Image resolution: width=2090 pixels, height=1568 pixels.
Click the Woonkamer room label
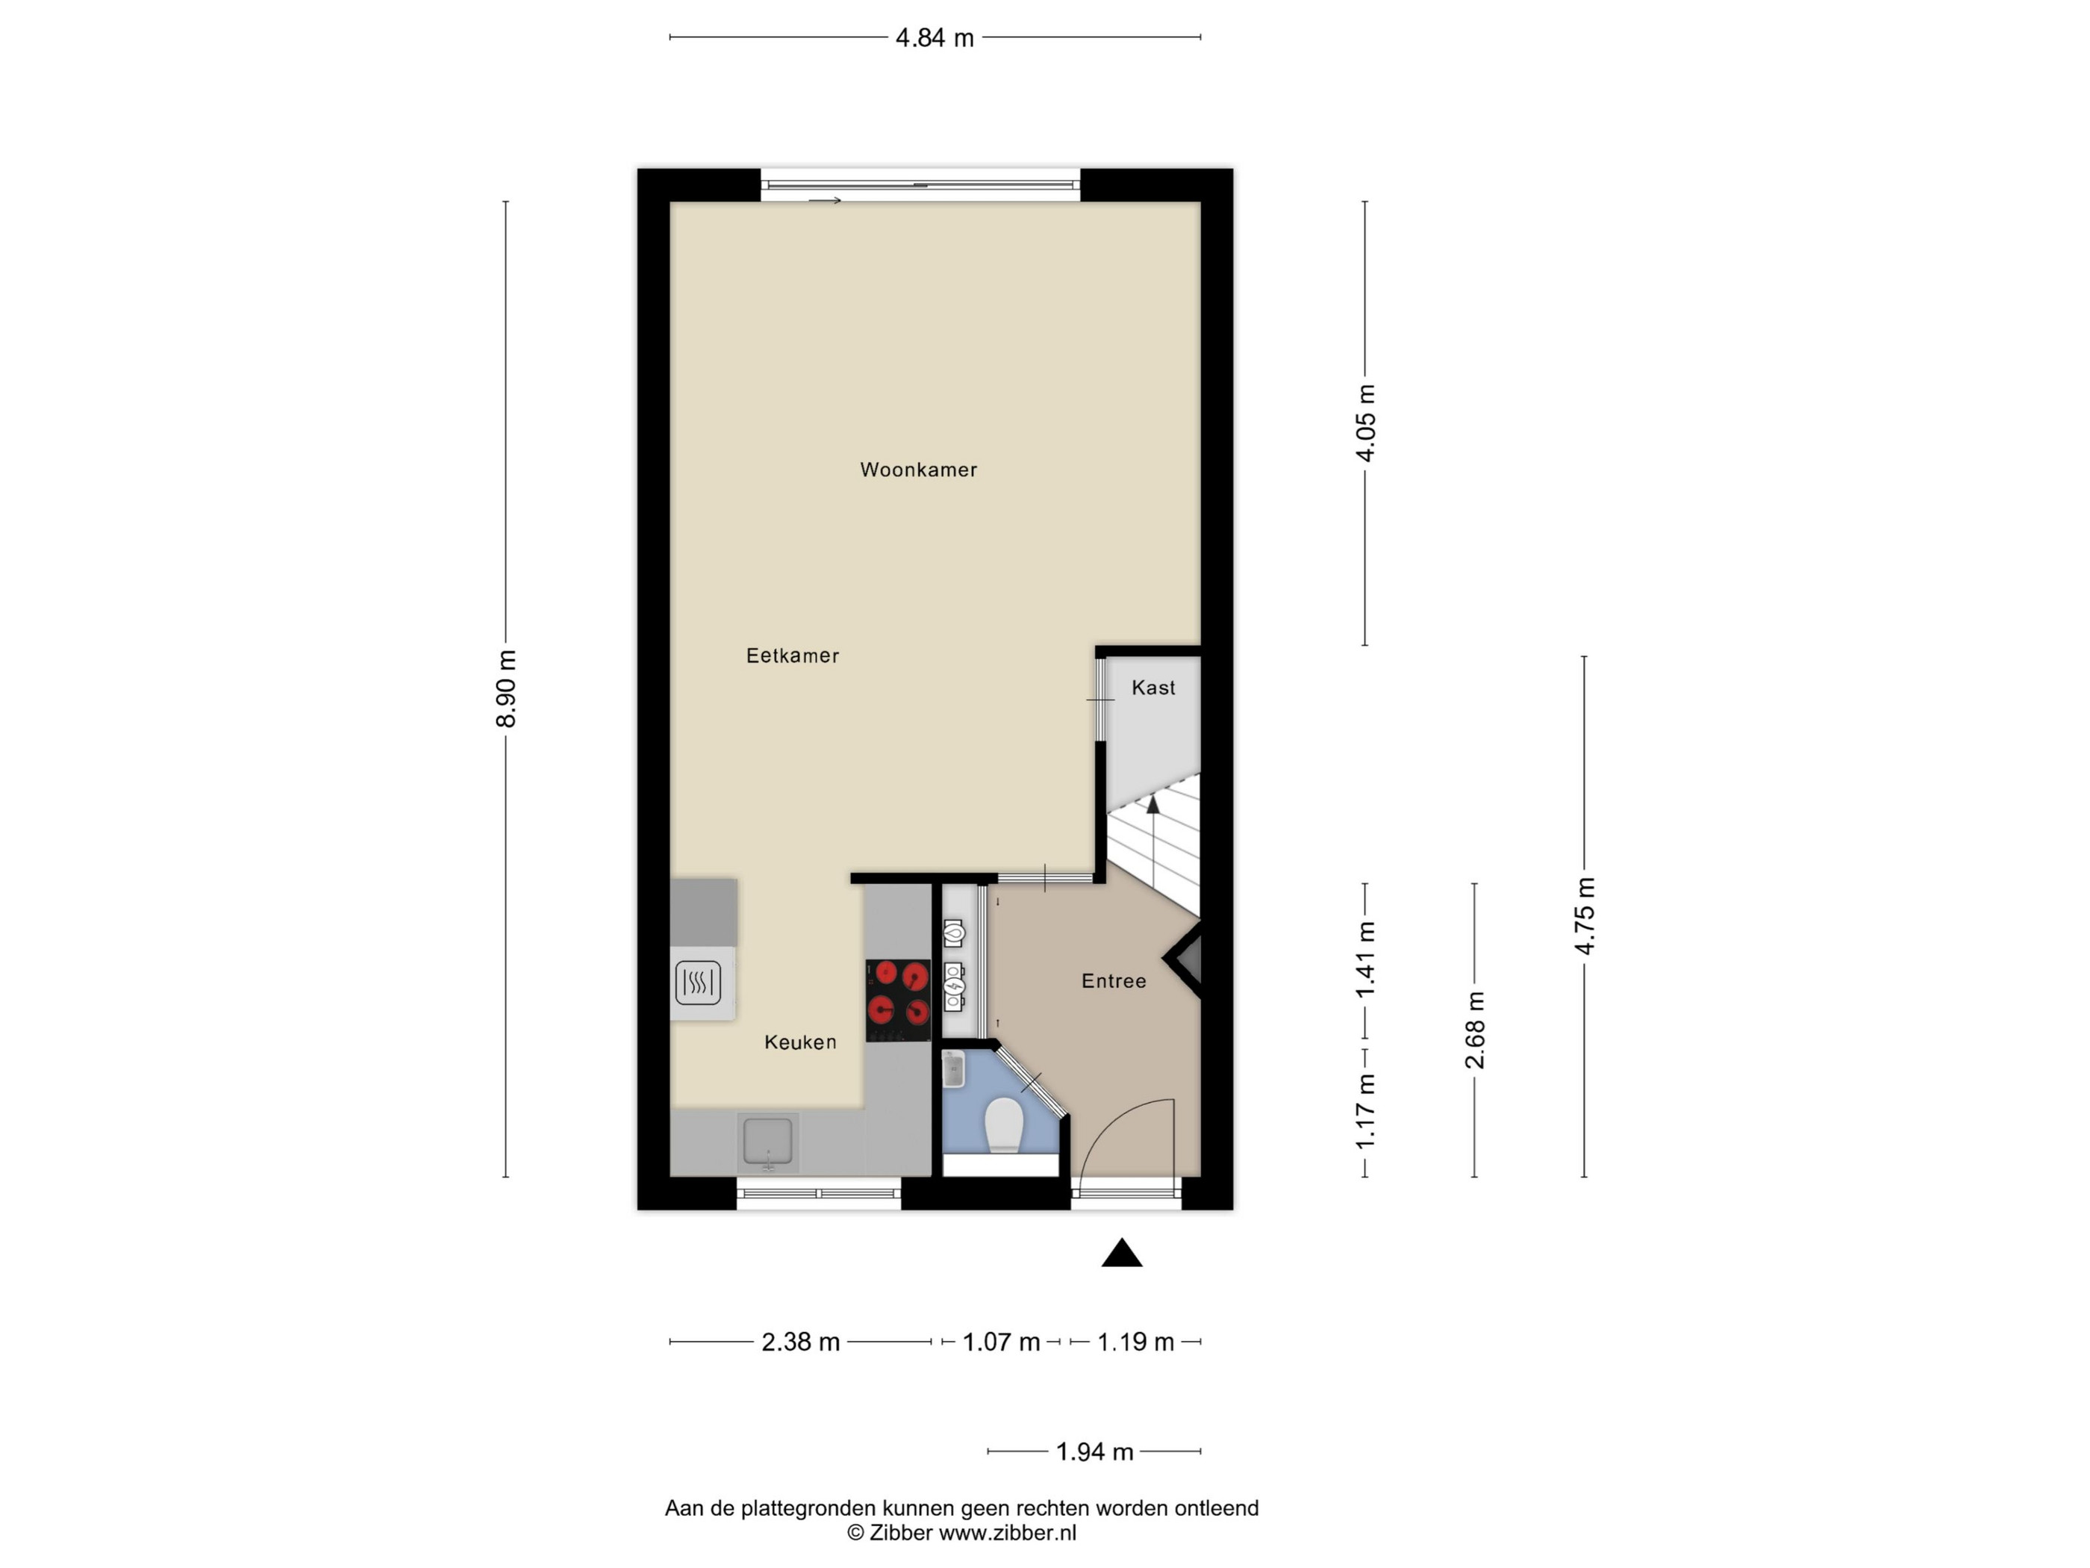click(918, 470)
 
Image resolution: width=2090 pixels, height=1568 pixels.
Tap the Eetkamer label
click(793, 656)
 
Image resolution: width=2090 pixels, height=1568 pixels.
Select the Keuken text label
click(800, 1042)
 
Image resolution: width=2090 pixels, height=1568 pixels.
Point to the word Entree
click(1114, 981)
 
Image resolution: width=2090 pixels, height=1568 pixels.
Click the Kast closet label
click(1154, 688)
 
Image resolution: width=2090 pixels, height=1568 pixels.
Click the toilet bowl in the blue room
click(1003, 1124)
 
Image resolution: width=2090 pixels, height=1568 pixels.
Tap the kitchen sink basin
click(768, 1142)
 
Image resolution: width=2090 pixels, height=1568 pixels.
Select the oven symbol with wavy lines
click(698, 983)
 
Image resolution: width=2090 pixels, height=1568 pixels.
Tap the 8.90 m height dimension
click(506, 689)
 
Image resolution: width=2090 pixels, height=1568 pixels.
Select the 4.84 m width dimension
click(935, 38)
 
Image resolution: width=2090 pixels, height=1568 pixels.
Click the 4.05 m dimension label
click(1365, 423)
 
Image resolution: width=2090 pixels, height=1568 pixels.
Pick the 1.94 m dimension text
click(1094, 1452)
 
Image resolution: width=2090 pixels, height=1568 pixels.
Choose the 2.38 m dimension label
click(800, 1342)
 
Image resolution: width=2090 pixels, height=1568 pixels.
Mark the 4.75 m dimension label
click(1585, 916)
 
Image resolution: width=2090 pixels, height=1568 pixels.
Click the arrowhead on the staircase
click(1152, 804)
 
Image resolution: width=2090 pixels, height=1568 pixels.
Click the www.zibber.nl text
click(1007, 1534)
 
